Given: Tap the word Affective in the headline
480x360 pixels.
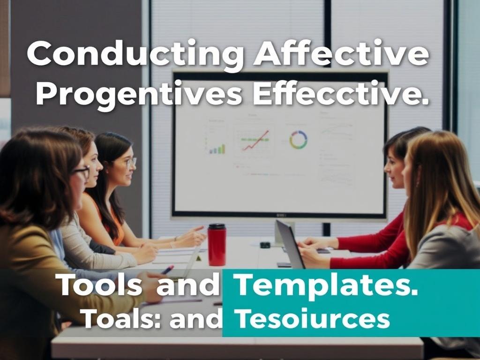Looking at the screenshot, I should coord(341,54).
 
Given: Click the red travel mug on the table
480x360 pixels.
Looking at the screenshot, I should coord(217,244).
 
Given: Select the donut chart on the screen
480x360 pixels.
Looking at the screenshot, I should coord(298,140).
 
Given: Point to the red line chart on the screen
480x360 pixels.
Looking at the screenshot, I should coord(255,141).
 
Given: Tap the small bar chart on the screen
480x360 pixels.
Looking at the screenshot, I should coord(217,149).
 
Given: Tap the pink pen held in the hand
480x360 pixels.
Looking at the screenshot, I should coord(167,270).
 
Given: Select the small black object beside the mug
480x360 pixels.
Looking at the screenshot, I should coord(265,245).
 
